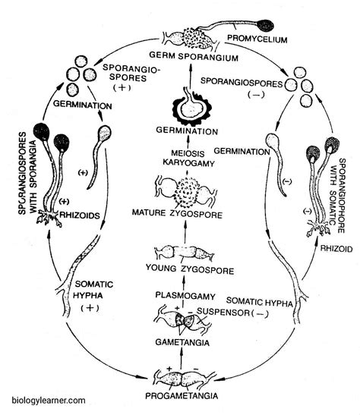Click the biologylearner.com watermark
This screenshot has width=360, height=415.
[x=49, y=400]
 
